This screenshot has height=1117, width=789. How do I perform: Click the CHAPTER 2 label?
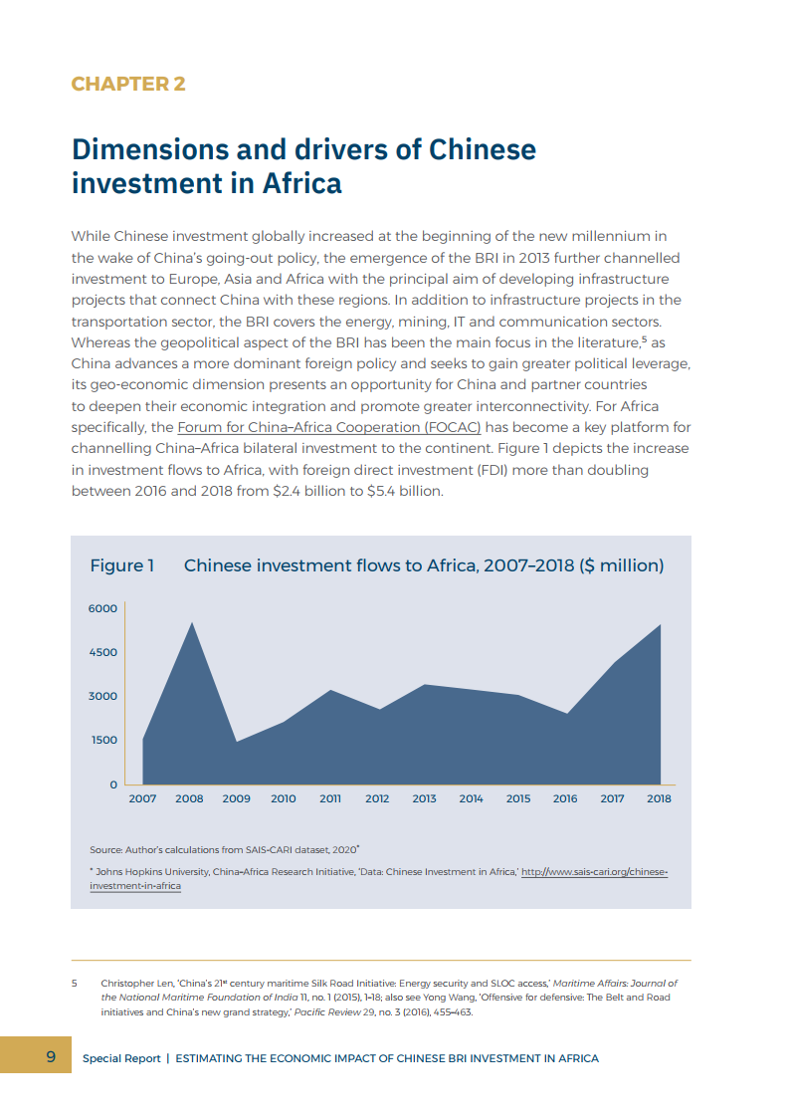128,84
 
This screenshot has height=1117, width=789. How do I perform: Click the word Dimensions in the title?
149,149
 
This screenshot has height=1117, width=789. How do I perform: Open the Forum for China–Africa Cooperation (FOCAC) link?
329,427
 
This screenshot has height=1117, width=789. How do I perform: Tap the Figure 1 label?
122,565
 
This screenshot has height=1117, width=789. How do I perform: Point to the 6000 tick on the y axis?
104,608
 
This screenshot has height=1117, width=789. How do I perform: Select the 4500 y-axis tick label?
104,652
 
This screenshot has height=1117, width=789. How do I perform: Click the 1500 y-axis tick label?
104,740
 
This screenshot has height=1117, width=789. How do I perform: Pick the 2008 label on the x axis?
189,798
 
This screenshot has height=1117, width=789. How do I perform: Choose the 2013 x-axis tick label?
425,798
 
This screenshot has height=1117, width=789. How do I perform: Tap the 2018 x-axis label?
660,798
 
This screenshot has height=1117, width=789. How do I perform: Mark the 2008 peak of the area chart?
191,622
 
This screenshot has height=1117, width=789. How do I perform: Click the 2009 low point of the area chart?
237,742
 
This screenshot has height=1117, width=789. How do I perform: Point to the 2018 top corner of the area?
660,624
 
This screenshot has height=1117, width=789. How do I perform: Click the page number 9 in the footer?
50,1056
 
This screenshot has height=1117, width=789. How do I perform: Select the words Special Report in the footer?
121,1058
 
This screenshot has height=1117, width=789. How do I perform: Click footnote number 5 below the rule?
75,983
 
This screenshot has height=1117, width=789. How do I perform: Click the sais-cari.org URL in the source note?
595,871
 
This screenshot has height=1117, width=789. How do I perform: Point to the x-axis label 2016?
565,798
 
